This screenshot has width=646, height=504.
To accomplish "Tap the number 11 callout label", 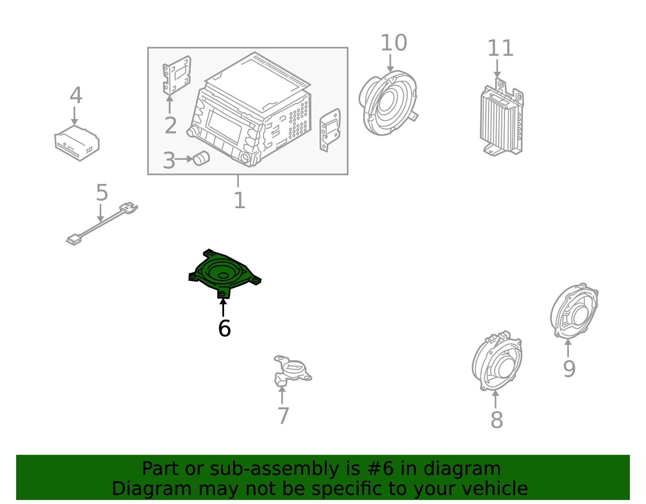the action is [x=500, y=48].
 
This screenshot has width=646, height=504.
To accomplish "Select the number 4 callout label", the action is [x=76, y=95].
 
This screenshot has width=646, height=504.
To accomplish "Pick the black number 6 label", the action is [x=224, y=328].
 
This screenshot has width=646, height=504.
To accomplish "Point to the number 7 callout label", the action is [x=283, y=416].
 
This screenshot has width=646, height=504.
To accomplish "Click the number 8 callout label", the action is [x=497, y=420].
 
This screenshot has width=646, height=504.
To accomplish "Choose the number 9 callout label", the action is [x=569, y=369].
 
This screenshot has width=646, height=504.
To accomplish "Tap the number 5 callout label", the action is [x=102, y=192].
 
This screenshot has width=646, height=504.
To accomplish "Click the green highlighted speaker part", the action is [x=225, y=273].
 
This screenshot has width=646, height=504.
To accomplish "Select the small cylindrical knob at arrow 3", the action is [x=201, y=158].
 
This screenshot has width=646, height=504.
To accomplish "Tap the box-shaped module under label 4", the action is [x=77, y=143].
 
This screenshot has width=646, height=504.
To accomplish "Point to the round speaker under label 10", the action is [x=388, y=103].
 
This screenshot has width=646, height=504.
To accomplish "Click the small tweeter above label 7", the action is [x=293, y=371].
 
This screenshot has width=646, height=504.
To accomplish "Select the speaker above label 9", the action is [x=575, y=311].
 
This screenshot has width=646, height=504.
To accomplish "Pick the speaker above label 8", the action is [x=497, y=361].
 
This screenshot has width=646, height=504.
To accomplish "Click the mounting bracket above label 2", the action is [x=176, y=75].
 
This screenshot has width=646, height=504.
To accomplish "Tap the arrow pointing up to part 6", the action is [x=223, y=308].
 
